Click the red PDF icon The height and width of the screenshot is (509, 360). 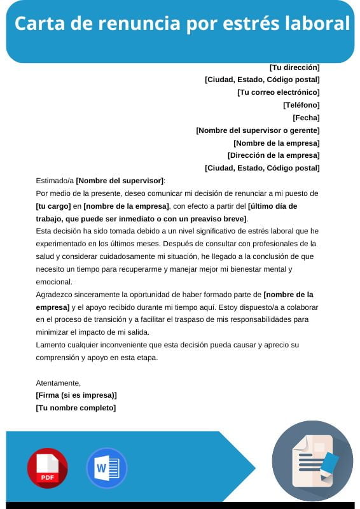coord(47,468)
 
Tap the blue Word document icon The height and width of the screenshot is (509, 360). coord(106,468)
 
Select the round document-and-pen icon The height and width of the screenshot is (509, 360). coord(312,461)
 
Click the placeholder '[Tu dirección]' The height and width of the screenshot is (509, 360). coord(294,67)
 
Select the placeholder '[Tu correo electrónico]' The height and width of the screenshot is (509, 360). coord(278,92)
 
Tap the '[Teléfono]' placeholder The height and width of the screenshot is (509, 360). coord(301,105)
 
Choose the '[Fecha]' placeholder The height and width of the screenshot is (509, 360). coord(305,118)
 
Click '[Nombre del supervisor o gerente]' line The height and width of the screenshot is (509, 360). coord(258,130)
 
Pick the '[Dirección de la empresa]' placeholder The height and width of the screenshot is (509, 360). coord(273,155)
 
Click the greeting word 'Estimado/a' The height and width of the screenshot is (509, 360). coord(55,181)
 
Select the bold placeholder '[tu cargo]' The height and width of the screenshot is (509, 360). coord(53,206)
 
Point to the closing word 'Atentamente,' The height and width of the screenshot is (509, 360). coord(59,383)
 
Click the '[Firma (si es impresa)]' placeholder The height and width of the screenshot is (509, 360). coord(76,395)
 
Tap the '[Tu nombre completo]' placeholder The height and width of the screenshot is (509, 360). coord(76,408)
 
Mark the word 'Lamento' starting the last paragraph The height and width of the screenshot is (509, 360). coord(52,345)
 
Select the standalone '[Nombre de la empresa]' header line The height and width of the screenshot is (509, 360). coord(276,143)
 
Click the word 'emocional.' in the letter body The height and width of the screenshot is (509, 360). coord(55,282)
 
